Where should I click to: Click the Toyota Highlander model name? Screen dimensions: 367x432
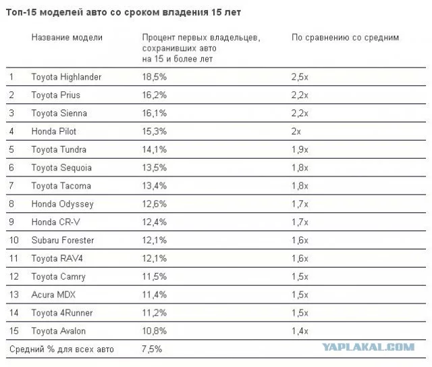tap(66, 77)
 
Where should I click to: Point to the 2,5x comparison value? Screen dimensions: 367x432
tap(300, 77)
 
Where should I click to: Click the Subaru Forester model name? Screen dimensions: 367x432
tap(62, 240)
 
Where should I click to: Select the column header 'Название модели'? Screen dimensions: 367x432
tap(66, 38)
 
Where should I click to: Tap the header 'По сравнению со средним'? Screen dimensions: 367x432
tap(345, 38)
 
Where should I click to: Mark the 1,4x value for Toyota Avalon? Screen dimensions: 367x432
tap(300, 331)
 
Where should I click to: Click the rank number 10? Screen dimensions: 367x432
tap(13, 240)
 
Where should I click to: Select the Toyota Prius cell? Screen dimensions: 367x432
tap(55, 95)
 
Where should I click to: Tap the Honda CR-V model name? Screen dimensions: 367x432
tap(55, 222)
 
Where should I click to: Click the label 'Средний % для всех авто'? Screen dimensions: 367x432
tap(61, 349)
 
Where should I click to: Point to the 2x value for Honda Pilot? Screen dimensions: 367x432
tap(296, 131)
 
